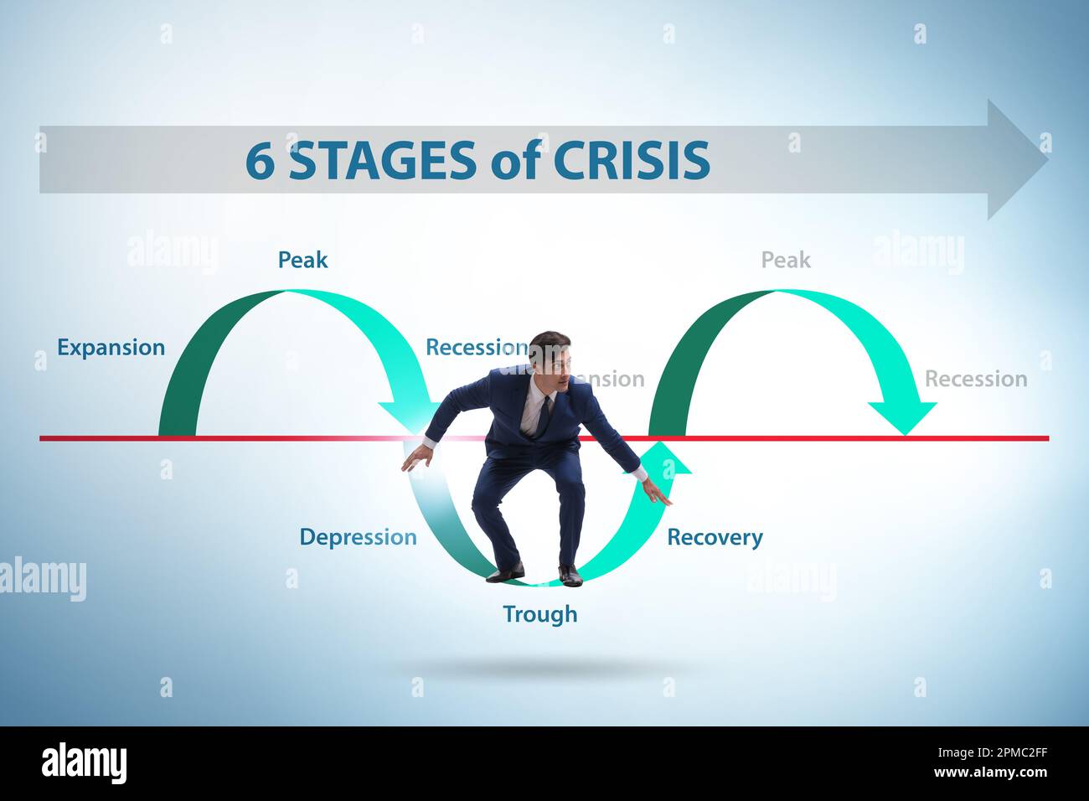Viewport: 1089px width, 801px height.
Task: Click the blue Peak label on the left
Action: tap(302, 260)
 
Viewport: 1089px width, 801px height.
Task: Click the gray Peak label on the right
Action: tap(786, 260)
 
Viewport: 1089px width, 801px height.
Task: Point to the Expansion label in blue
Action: tap(111, 347)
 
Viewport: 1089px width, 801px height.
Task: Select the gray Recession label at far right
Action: tap(975, 379)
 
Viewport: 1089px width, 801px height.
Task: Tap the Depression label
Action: tap(358, 537)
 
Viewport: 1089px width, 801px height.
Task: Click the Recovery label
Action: tap(715, 537)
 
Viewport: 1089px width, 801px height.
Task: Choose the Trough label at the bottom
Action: tap(539, 614)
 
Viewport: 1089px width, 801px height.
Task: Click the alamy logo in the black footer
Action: tap(85, 763)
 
